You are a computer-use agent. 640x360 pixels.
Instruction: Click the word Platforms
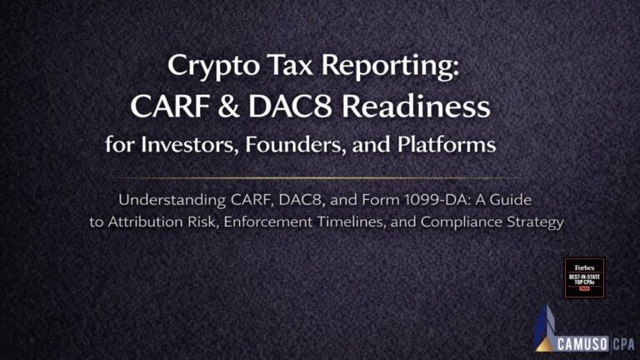pos(442,145)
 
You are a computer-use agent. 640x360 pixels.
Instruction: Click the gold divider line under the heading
pos(321,177)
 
